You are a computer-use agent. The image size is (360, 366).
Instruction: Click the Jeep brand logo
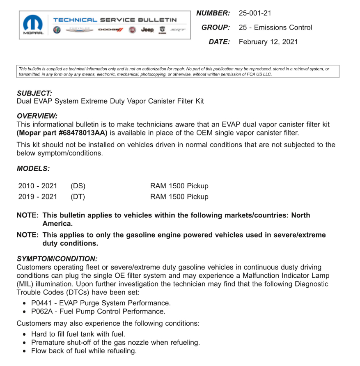pyautogui.click(x=147, y=30)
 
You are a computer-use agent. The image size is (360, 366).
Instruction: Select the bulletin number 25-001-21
pyautogui.click(x=255, y=13)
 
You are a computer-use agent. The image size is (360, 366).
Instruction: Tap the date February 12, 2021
pyautogui.click(x=268, y=41)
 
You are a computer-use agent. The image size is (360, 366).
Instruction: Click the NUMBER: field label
pyautogui.click(x=213, y=13)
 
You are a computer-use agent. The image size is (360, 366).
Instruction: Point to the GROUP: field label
pyautogui.click(x=216, y=27)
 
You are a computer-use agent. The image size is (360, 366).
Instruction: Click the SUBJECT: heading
pyautogui.click(x=34, y=94)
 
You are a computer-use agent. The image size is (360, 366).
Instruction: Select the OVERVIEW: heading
pyautogui.click(x=37, y=116)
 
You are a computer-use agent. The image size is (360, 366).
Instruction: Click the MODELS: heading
pyautogui.click(x=33, y=169)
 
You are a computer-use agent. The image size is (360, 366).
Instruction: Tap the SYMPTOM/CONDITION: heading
pyautogui.click(x=57, y=259)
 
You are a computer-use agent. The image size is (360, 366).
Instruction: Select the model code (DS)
pyautogui.click(x=78, y=186)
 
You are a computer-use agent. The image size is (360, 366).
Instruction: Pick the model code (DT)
pyautogui.click(x=78, y=197)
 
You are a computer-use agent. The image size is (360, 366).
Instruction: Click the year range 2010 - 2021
pyautogui.click(x=38, y=186)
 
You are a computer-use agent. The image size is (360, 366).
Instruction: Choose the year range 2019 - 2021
pyautogui.click(x=38, y=197)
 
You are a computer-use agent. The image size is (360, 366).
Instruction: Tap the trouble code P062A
pyautogui.click(x=41, y=311)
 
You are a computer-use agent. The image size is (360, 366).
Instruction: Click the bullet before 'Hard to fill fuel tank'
pyautogui.click(x=26, y=334)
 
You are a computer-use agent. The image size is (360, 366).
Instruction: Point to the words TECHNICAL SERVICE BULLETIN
pyautogui.click(x=115, y=20)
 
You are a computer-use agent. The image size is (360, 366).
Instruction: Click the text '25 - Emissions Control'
pyautogui.click(x=275, y=27)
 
